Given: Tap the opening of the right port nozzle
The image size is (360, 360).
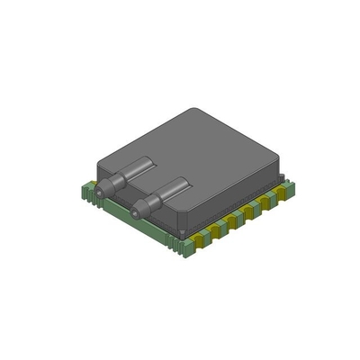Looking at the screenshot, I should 135,213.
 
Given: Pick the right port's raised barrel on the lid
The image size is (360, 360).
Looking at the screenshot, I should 170,190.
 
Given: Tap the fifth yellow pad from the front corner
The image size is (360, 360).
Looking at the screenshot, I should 265,201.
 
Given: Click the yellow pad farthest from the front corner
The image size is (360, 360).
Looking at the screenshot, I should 280,192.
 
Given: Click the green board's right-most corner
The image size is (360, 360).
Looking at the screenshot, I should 290,185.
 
